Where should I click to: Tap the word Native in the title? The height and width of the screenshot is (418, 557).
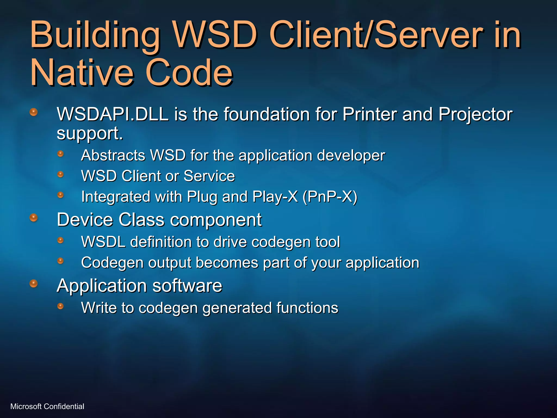82,73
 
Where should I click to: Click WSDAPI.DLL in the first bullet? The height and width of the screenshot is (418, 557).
113,114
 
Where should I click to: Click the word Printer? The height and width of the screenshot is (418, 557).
370,114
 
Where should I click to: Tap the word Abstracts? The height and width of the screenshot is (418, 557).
113,155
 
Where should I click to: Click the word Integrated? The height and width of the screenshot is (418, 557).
116,197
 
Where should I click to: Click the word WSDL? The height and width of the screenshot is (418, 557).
103,242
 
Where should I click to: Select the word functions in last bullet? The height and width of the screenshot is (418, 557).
307,308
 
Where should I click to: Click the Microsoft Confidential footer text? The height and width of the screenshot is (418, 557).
47,406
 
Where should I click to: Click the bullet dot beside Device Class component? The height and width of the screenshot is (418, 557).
33,217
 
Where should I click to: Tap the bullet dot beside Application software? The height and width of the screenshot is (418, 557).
33,284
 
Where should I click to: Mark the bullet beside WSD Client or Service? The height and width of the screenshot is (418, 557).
60,174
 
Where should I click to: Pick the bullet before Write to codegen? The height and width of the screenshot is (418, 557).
60,306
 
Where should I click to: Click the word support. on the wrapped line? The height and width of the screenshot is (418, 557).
90,133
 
